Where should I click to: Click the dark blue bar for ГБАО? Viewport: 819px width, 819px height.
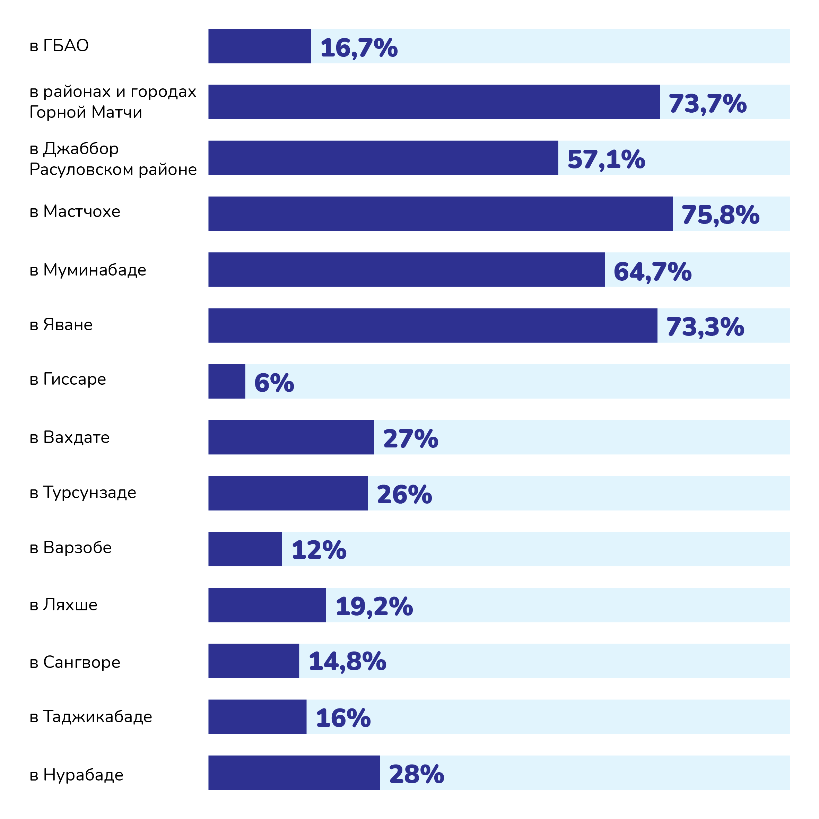pos(260,46)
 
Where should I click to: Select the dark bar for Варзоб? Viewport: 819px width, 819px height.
pos(245,549)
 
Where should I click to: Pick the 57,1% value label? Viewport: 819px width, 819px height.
pos(606,159)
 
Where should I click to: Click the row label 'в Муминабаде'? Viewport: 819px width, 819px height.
pos(88,270)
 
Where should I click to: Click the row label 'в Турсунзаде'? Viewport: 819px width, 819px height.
pos(83,493)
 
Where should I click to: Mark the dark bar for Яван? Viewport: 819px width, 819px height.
pos(433,325)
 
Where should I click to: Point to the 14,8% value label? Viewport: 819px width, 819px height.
pos(347,661)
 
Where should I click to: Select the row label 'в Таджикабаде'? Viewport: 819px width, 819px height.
pos(91,717)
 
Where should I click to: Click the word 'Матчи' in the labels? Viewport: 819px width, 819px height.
pos(116,112)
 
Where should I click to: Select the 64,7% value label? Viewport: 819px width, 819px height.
pos(652,271)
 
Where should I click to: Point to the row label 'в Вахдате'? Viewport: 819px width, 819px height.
pos(70,437)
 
